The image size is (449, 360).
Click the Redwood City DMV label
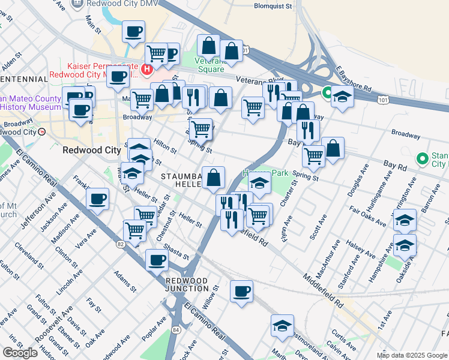pos(116,4)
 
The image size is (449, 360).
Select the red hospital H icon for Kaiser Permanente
pos(145,71)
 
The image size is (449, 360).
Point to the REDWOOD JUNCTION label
pos(187,284)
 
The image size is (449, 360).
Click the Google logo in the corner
pos(20,353)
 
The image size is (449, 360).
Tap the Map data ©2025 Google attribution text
pos(411,355)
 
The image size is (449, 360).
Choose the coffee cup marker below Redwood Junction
pos(241,292)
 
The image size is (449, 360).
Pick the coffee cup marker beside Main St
pos(133,32)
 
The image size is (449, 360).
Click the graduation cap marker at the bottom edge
pos(282,326)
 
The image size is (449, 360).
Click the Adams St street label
pos(122,278)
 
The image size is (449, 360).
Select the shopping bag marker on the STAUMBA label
pos(213,178)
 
